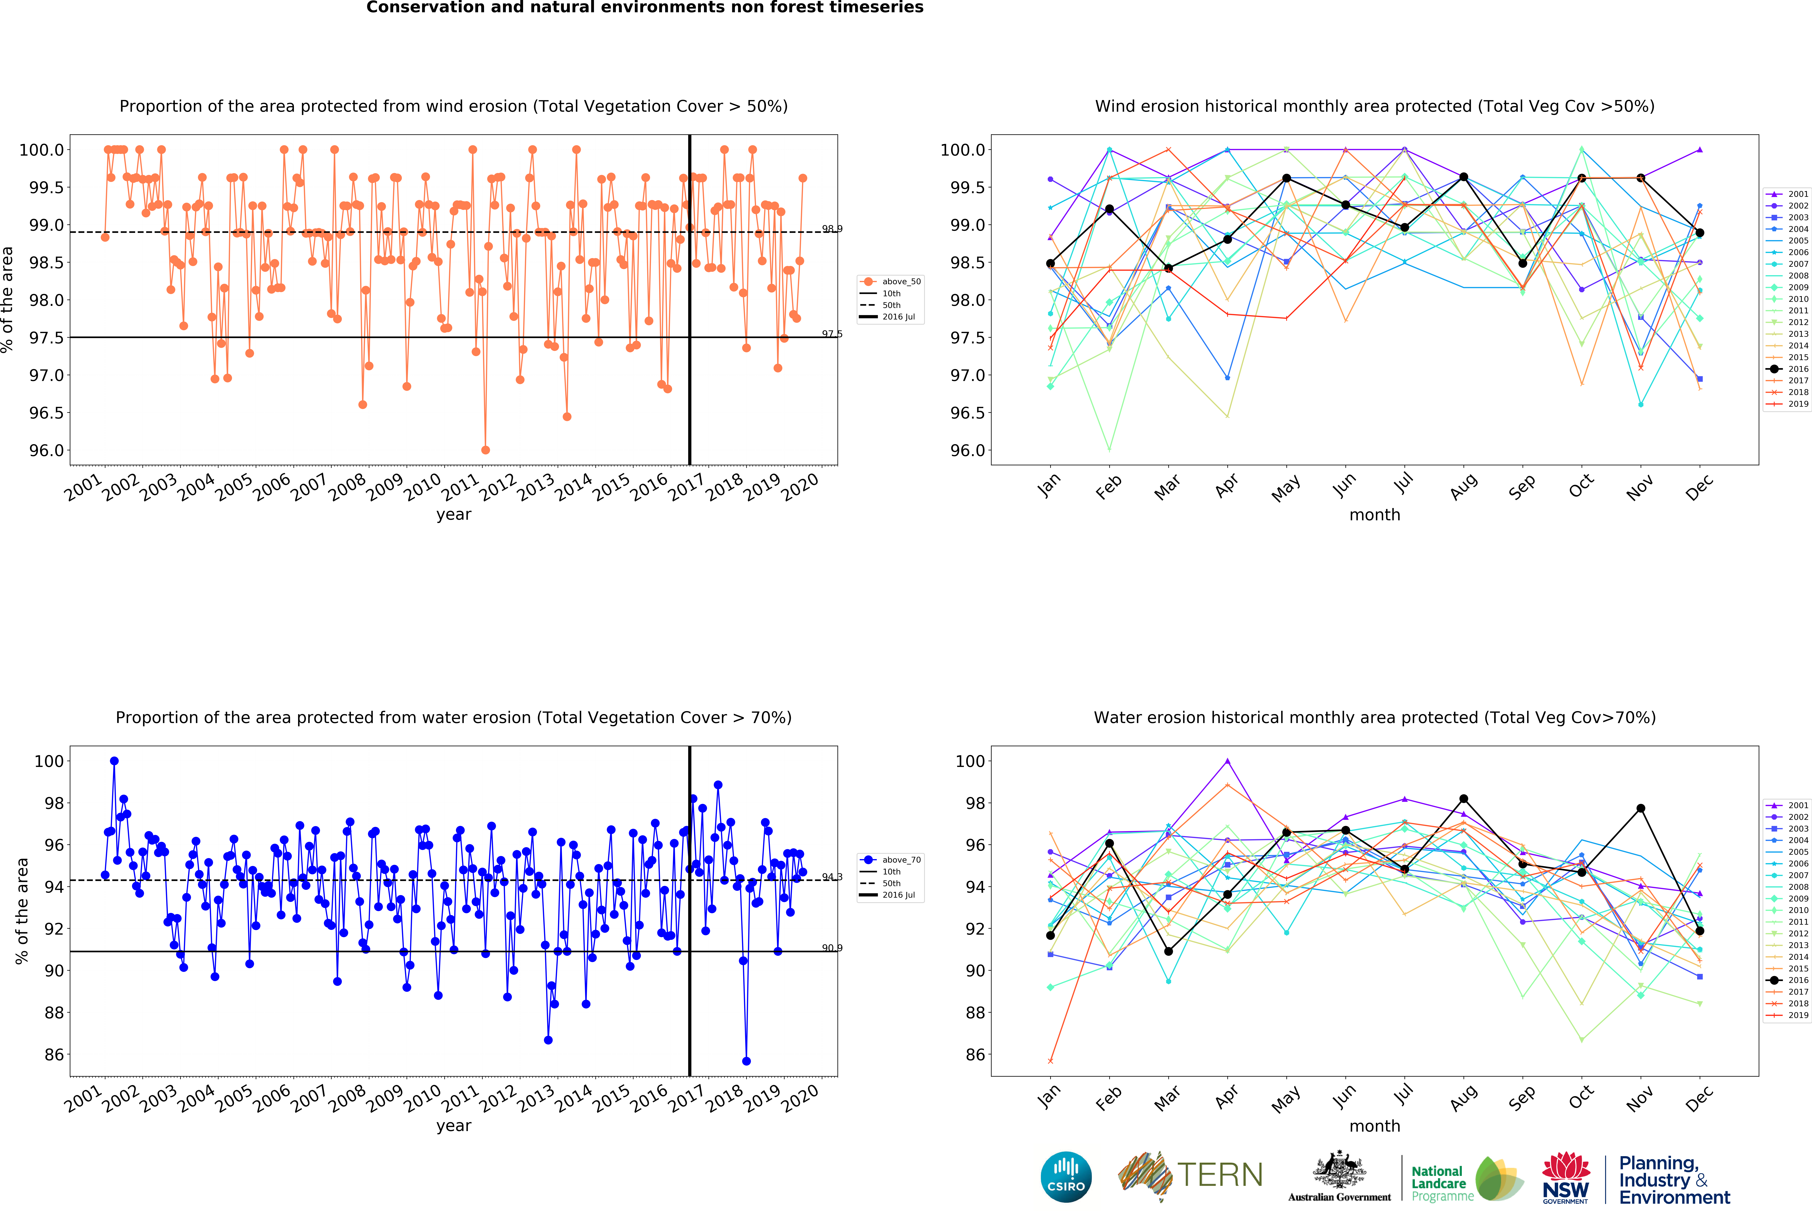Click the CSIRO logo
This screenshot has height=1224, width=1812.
[x=1066, y=1176]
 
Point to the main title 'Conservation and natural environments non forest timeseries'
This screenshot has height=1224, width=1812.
[x=645, y=8]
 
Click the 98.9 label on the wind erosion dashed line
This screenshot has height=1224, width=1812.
[x=832, y=228]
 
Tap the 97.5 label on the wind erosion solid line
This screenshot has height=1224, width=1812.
[x=832, y=334]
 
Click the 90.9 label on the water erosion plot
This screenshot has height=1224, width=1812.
[x=832, y=948]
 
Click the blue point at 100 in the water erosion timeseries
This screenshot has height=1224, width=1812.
[x=114, y=761]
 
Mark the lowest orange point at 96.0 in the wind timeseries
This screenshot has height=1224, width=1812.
[x=485, y=450]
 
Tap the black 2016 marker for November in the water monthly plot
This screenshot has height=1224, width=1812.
[x=1640, y=809]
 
